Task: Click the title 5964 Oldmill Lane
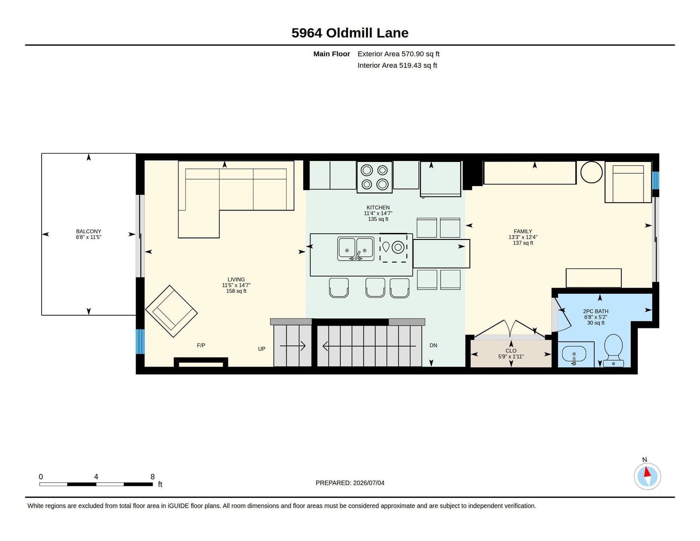[x=350, y=33]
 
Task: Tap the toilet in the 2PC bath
[x=613, y=350]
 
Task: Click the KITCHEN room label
[x=378, y=207]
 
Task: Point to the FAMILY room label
[x=523, y=232]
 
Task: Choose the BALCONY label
[x=88, y=232]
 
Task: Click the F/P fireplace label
[x=201, y=345]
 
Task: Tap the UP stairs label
[x=262, y=349]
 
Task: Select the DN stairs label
[x=433, y=345]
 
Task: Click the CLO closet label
[x=511, y=351]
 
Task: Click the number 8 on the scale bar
[x=152, y=477]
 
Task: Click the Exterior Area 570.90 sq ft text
[x=399, y=54]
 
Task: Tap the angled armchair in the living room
[x=171, y=311]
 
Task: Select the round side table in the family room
[x=591, y=172]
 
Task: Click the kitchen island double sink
[x=356, y=249]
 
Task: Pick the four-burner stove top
[x=374, y=177]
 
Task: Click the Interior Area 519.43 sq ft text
[x=397, y=65]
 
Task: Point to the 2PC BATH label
[x=595, y=311]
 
